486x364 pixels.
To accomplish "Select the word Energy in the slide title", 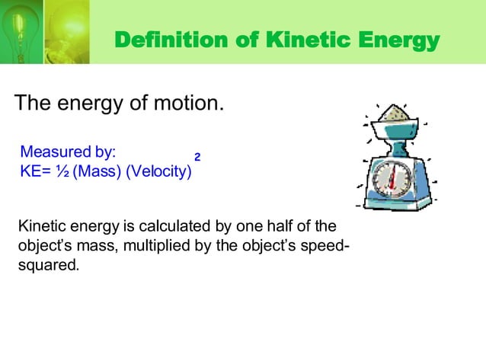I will [x=398, y=40].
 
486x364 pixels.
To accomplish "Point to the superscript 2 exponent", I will [x=197, y=156].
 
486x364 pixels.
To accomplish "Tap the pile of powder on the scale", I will [x=395, y=113].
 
